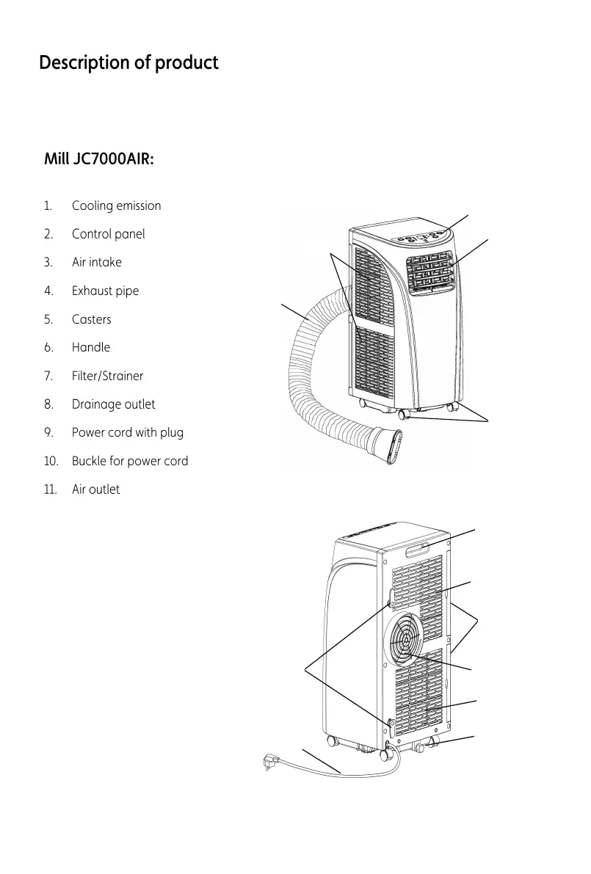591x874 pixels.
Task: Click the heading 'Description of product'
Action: [128, 63]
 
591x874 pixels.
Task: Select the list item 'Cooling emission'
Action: [116, 205]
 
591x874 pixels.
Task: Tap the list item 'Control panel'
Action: [108, 234]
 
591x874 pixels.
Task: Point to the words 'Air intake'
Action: [97, 262]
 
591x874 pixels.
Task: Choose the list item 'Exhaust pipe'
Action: [105, 291]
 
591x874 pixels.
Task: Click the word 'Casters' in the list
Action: [92, 319]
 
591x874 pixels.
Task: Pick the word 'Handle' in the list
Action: [91, 347]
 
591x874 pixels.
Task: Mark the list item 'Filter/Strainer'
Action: [107, 376]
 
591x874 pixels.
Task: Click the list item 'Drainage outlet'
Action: [113, 404]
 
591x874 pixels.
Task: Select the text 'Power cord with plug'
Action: [128, 432]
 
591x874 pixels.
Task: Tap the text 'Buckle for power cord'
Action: [130, 461]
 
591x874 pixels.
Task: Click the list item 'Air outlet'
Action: [95, 489]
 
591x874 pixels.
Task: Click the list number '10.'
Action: [51, 461]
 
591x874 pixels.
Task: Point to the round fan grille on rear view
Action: [403, 639]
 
